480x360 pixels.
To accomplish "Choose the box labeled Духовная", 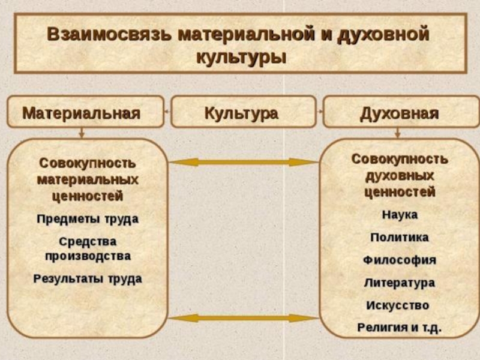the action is click(x=400, y=112).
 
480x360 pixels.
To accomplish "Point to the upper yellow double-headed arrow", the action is click(x=242, y=162).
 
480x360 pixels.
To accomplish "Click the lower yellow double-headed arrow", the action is click(x=242, y=318).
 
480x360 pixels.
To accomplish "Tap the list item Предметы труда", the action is click(x=88, y=219).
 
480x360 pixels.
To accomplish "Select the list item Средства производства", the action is click(x=88, y=248).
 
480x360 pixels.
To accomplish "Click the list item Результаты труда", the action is click(x=88, y=278).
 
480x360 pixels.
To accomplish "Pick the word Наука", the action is click(x=400, y=215).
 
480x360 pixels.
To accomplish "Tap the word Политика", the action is click(x=400, y=238).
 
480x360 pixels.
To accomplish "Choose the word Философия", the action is click(x=400, y=260).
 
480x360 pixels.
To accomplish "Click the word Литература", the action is click(x=400, y=283).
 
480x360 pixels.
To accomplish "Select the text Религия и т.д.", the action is click(x=400, y=328).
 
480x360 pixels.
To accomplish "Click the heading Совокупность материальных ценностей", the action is click(x=88, y=179).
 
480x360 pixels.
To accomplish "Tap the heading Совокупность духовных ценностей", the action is click(x=400, y=176).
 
